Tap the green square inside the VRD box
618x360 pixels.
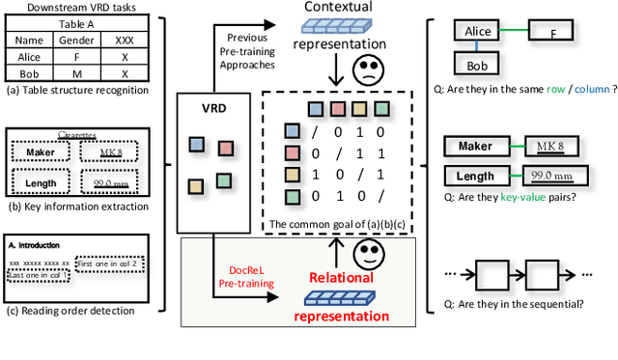click(x=223, y=180)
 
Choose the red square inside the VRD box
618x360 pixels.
click(x=225, y=148)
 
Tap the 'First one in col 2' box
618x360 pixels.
click(x=109, y=263)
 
